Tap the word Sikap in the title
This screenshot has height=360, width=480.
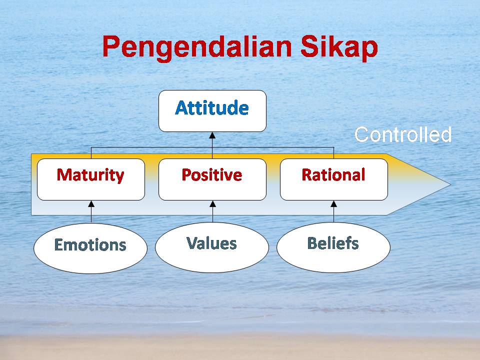click(339, 46)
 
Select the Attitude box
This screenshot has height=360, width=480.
click(212, 111)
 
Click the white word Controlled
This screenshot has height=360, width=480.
click(403, 134)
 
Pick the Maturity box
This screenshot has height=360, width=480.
click(91, 179)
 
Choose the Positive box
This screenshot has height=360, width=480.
click(212, 179)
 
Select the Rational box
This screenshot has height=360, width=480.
click(334, 179)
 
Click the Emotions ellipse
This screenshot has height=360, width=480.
click(90, 248)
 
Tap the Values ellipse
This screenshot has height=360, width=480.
click(212, 247)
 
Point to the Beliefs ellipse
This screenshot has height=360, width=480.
click(333, 247)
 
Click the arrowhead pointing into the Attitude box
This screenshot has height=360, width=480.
click(212, 135)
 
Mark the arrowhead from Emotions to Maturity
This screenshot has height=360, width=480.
click(91, 204)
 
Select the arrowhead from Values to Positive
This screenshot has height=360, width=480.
click(213, 204)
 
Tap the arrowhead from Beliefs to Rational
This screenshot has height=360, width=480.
click(334, 204)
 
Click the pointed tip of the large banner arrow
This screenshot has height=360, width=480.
click(450, 184)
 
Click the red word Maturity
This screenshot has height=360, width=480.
click(90, 175)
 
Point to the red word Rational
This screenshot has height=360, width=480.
click(333, 175)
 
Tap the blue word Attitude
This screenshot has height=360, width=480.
click(212, 108)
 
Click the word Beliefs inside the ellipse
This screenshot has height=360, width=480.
click(333, 243)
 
